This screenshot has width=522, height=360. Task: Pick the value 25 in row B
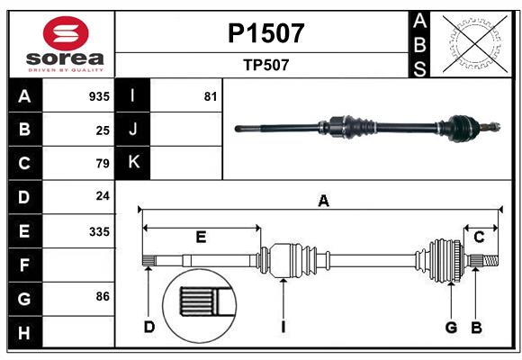click(103, 130)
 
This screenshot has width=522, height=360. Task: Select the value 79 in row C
click(103, 163)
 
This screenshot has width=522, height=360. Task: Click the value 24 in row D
click(103, 196)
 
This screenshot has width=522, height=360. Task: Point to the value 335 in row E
click(99, 230)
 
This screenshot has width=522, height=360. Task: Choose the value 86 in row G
click(103, 296)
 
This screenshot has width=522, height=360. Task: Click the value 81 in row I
click(211, 96)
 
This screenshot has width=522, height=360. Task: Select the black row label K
click(133, 163)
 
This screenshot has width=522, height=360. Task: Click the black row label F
click(25, 265)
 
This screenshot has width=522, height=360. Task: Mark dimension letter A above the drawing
click(323, 202)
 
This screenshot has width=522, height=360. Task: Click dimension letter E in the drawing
click(201, 237)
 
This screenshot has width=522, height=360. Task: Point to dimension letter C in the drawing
click(480, 237)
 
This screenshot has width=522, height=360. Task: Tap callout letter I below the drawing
click(283, 327)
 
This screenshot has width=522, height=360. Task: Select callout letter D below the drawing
click(149, 327)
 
